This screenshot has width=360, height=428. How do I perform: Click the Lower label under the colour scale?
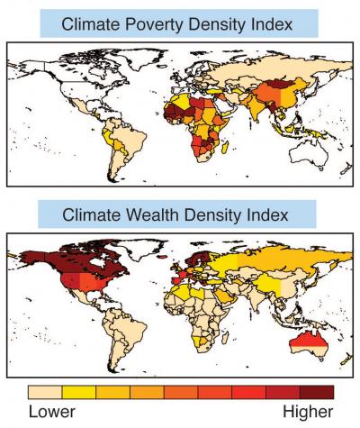55,413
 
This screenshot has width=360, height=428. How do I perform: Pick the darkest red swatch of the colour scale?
318,392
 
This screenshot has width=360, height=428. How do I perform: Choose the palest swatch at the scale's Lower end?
44,392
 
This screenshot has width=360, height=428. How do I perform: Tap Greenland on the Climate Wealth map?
135,243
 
